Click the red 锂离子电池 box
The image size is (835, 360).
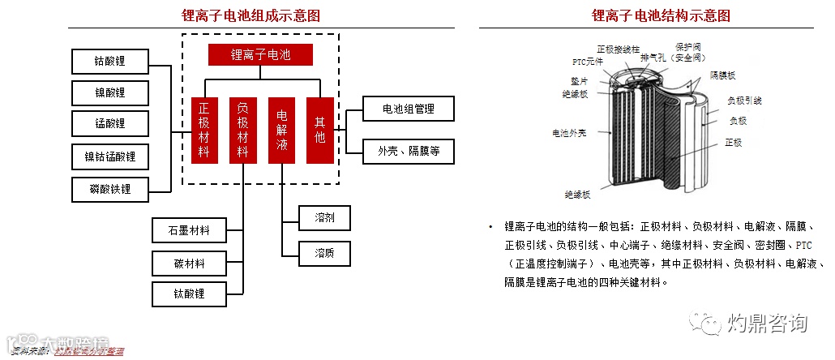[260, 54]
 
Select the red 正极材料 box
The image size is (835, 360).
[204, 130]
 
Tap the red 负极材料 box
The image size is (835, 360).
[242, 130]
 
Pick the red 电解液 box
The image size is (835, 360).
[281, 130]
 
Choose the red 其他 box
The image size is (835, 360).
[320, 130]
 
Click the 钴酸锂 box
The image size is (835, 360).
[110, 61]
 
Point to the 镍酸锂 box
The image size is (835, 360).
[110, 92]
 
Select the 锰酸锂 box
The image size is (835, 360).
[110, 124]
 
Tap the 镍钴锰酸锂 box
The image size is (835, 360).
[110, 156]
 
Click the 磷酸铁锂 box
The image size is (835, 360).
[110, 189]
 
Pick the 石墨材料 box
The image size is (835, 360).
[189, 230]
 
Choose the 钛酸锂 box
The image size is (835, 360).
[189, 294]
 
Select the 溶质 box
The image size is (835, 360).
[324, 254]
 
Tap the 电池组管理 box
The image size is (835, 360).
[408, 109]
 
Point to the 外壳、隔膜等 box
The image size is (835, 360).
[408, 151]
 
